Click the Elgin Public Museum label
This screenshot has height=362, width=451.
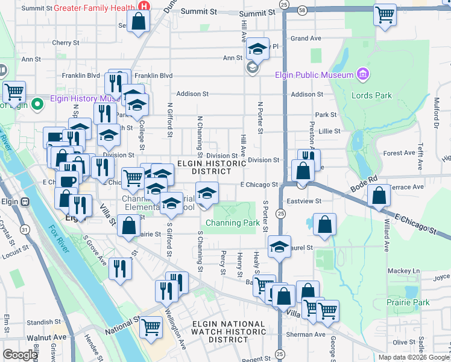(314, 75)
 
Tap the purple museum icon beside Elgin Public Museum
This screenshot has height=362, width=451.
(362, 75)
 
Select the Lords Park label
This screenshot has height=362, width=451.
(372, 95)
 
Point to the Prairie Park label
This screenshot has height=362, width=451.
(409, 302)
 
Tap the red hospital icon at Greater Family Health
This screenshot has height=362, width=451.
(144, 5)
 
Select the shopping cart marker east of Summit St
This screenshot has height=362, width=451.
(384, 14)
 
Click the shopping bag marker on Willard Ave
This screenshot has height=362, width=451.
(378, 196)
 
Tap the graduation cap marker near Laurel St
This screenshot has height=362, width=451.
(279, 246)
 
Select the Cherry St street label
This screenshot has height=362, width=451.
(66, 43)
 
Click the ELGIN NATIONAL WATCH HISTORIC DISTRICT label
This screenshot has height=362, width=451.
(229, 332)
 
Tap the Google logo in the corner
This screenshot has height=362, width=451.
(20, 355)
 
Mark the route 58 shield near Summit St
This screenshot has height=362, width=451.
(302, 10)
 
